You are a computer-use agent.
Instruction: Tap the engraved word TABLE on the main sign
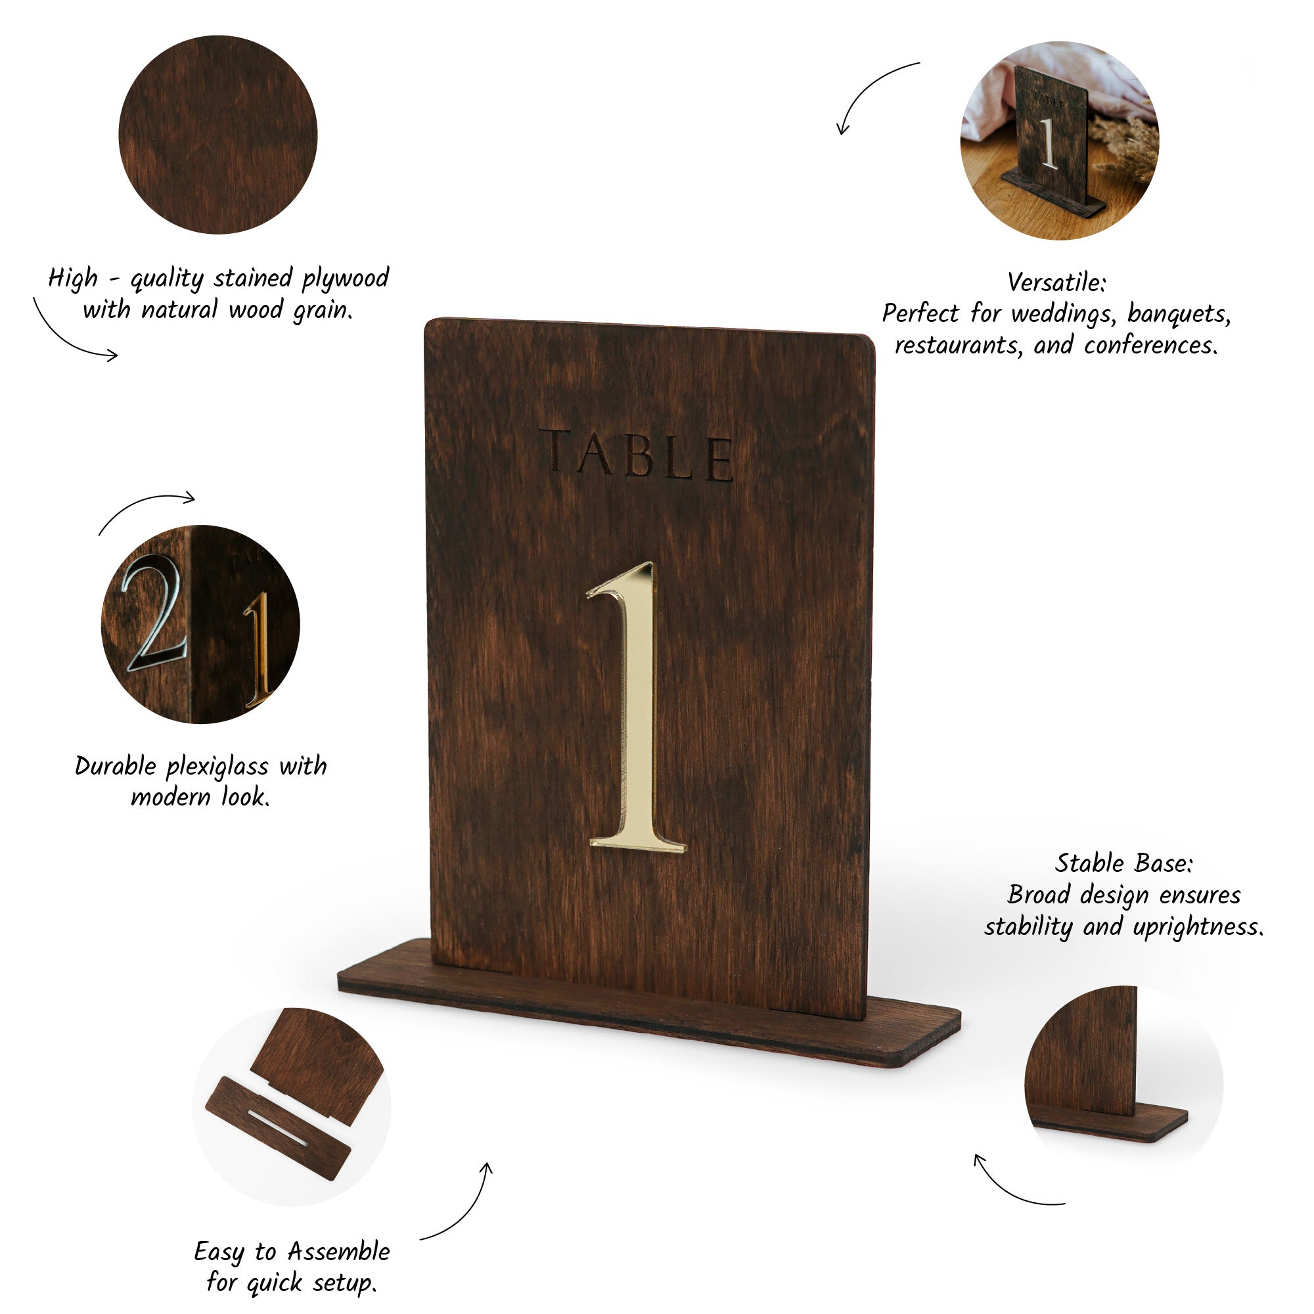pos(637,455)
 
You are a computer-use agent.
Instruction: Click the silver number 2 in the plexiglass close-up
pos(154,613)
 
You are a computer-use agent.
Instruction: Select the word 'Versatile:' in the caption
pos(1056,282)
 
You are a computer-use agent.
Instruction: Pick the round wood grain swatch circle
pos(217,135)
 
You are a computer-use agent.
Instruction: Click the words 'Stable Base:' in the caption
pos(1123,863)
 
